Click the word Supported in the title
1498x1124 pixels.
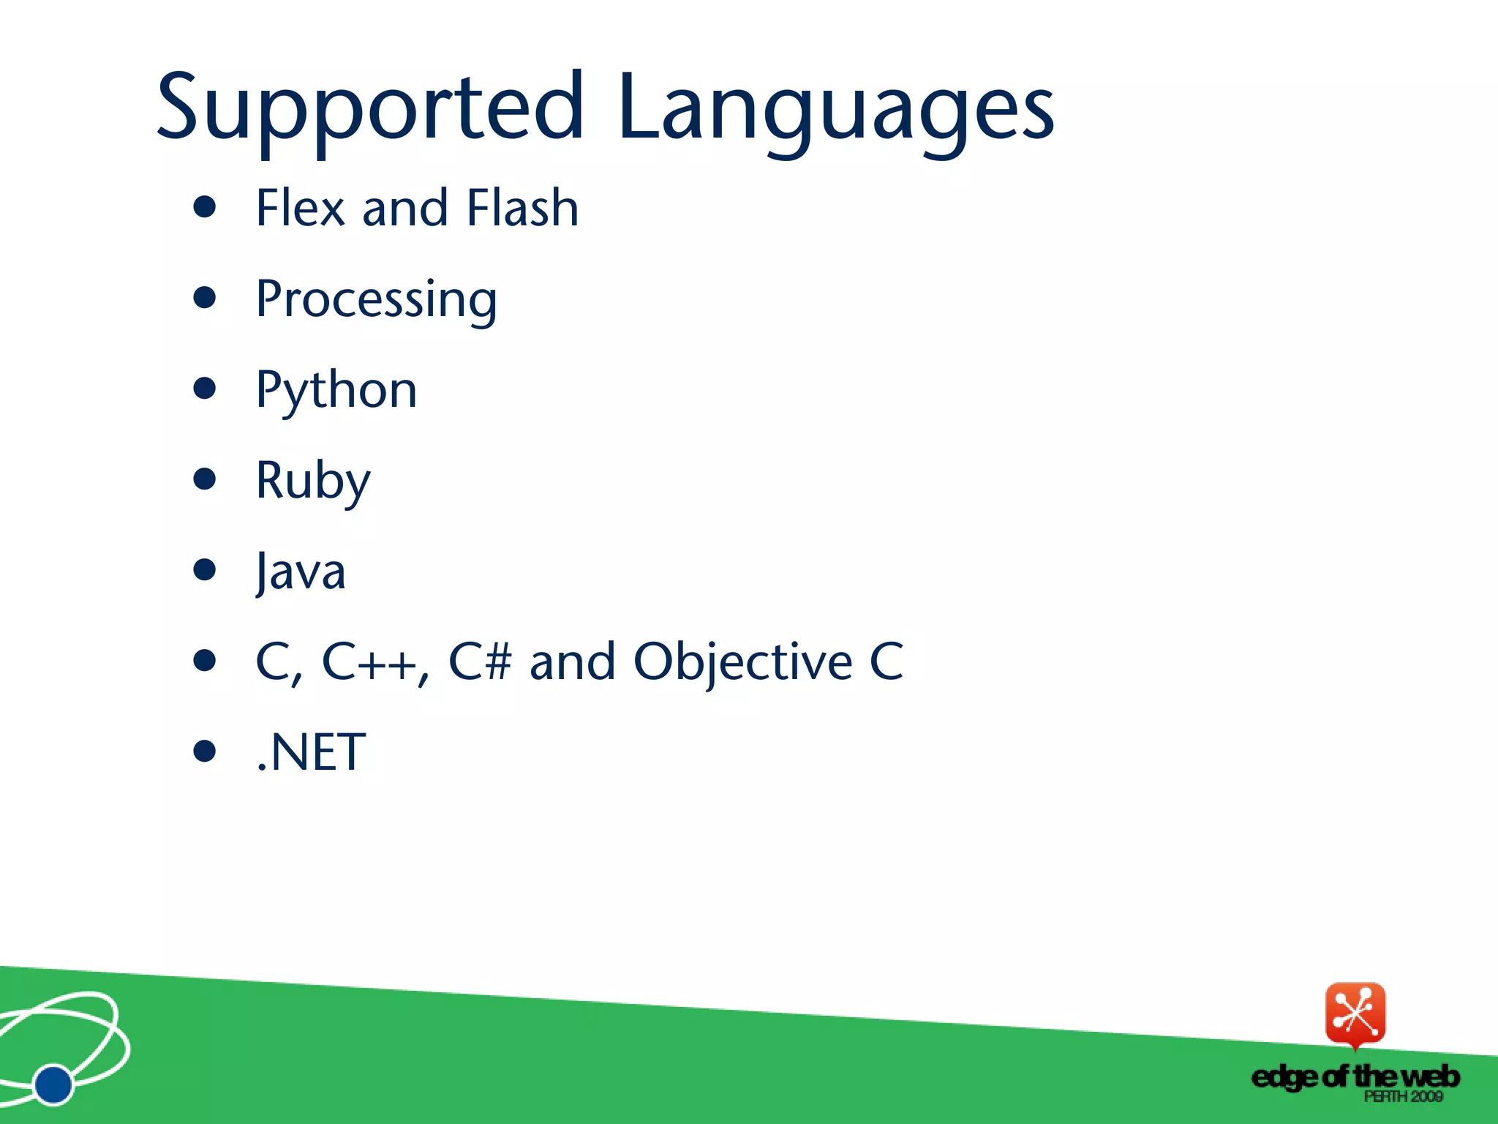tap(369, 108)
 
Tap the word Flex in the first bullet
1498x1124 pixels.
tap(300, 208)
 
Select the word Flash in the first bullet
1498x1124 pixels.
tap(522, 208)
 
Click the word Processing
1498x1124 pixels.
tap(376, 300)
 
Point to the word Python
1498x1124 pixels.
tap(336, 391)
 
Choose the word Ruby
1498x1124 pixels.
tap(313, 482)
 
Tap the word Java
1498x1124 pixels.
tap(301, 572)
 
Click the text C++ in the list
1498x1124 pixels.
tap(369, 662)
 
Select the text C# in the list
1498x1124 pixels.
tap(479, 662)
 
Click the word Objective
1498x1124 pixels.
tap(742, 662)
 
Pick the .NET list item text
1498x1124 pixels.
tap(311, 752)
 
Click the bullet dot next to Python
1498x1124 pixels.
tap(205, 388)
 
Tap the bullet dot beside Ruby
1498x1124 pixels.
tap(205, 479)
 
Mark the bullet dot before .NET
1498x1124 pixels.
tap(205, 751)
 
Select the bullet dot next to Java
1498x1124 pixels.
tap(205, 569)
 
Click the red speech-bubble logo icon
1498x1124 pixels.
tap(1355, 1014)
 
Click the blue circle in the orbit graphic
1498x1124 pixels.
tap(53, 1084)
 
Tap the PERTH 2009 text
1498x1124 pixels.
tap(1403, 1096)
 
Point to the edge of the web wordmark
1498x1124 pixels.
tap(1355, 1076)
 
